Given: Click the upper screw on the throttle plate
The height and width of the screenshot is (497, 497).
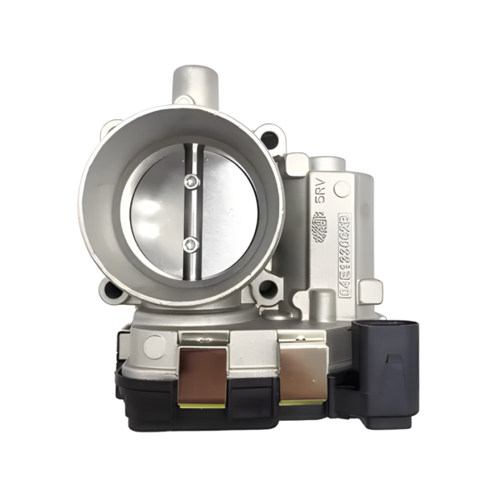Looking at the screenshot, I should (192, 182).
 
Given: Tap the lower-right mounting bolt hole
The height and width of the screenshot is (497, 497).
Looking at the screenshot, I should (268, 289).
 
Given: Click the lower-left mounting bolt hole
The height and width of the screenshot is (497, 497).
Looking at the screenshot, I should (110, 290).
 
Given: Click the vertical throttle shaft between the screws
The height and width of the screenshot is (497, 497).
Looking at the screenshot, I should (192, 213).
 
